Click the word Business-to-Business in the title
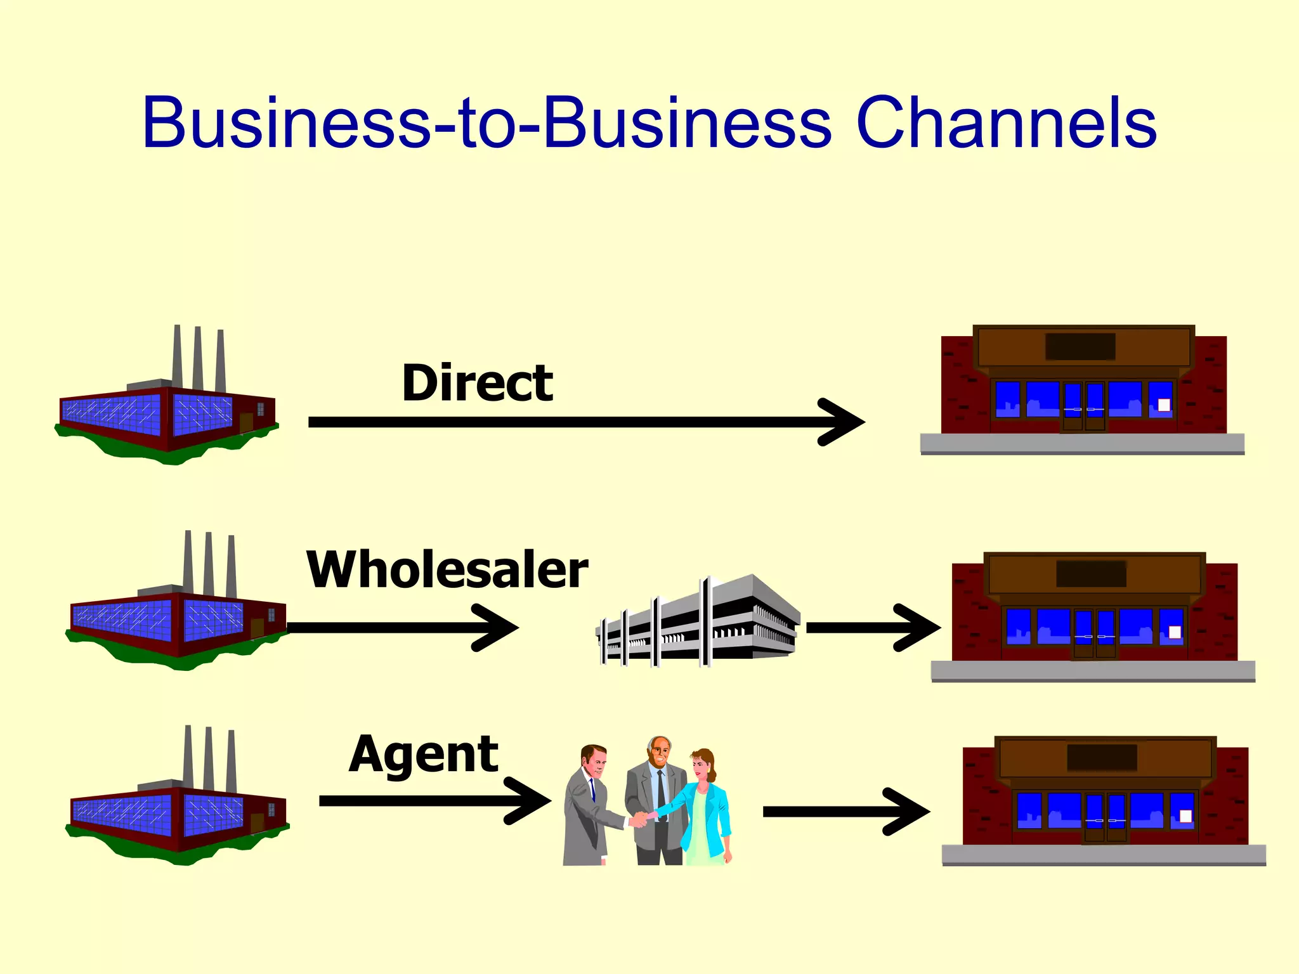[x=486, y=123]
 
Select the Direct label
[x=477, y=384]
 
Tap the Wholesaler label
[x=447, y=569]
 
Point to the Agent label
[x=424, y=755]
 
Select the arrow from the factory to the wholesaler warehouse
[x=400, y=628]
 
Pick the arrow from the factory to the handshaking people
[x=431, y=802]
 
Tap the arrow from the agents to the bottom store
[x=844, y=812]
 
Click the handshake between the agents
[x=641, y=819]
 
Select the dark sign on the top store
[x=1080, y=347]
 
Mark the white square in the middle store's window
[x=1175, y=632]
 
